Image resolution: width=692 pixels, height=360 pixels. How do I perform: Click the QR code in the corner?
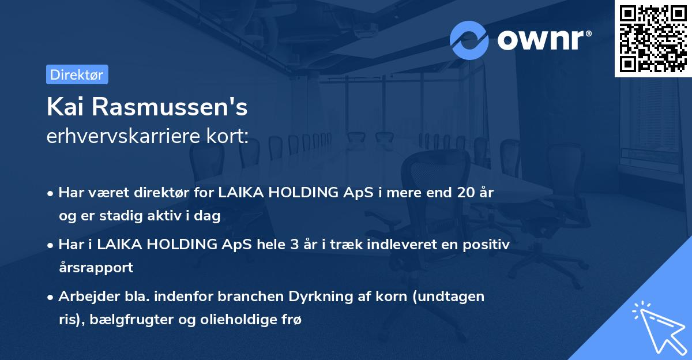tap(653, 38)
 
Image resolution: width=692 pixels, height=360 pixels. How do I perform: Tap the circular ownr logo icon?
tap(469, 40)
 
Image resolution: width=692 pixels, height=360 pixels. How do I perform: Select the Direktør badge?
tap(77, 75)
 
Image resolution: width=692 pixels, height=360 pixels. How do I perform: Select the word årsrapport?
tap(96, 267)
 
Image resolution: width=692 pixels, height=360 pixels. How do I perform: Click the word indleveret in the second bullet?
tap(409, 245)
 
